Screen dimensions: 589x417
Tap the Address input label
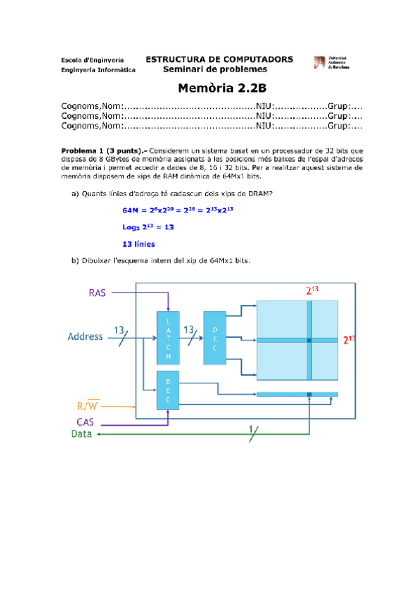(x=85, y=337)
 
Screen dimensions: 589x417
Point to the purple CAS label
(x=86, y=422)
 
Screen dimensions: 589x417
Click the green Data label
(x=81, y=434)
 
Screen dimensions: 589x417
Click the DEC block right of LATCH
(x=214, y=338)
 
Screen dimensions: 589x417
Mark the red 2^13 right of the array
(x=349, y=340)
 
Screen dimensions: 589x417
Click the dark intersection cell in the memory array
(x=309, y=340)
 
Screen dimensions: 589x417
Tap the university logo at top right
(x=329, y=63)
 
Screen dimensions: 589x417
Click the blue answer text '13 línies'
(x=138, y=244)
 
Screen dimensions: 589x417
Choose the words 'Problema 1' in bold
(x=82, y=149)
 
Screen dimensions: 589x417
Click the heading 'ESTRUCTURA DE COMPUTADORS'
(x=219, y=60)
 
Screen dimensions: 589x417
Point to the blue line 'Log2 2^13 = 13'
(x=148, y=227)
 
